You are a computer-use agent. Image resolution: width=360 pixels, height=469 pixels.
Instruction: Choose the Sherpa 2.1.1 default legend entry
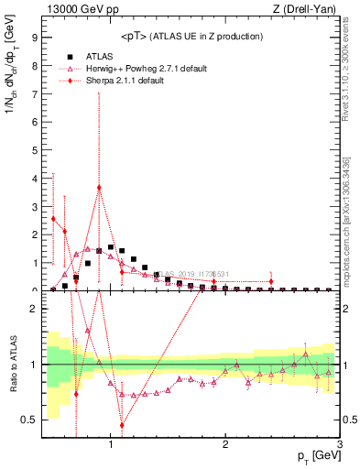coord(134,81)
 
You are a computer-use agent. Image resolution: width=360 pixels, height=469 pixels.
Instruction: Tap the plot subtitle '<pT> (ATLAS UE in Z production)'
coord(192,37)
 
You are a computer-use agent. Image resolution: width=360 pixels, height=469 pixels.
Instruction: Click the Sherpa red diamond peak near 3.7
coord(99,187)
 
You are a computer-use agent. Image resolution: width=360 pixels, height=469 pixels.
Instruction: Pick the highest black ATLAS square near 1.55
coord(111,247)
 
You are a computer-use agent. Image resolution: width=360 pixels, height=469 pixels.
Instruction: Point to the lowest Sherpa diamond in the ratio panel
coord(122,425)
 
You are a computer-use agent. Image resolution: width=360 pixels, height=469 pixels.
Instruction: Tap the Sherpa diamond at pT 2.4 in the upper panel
coord(271,281)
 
